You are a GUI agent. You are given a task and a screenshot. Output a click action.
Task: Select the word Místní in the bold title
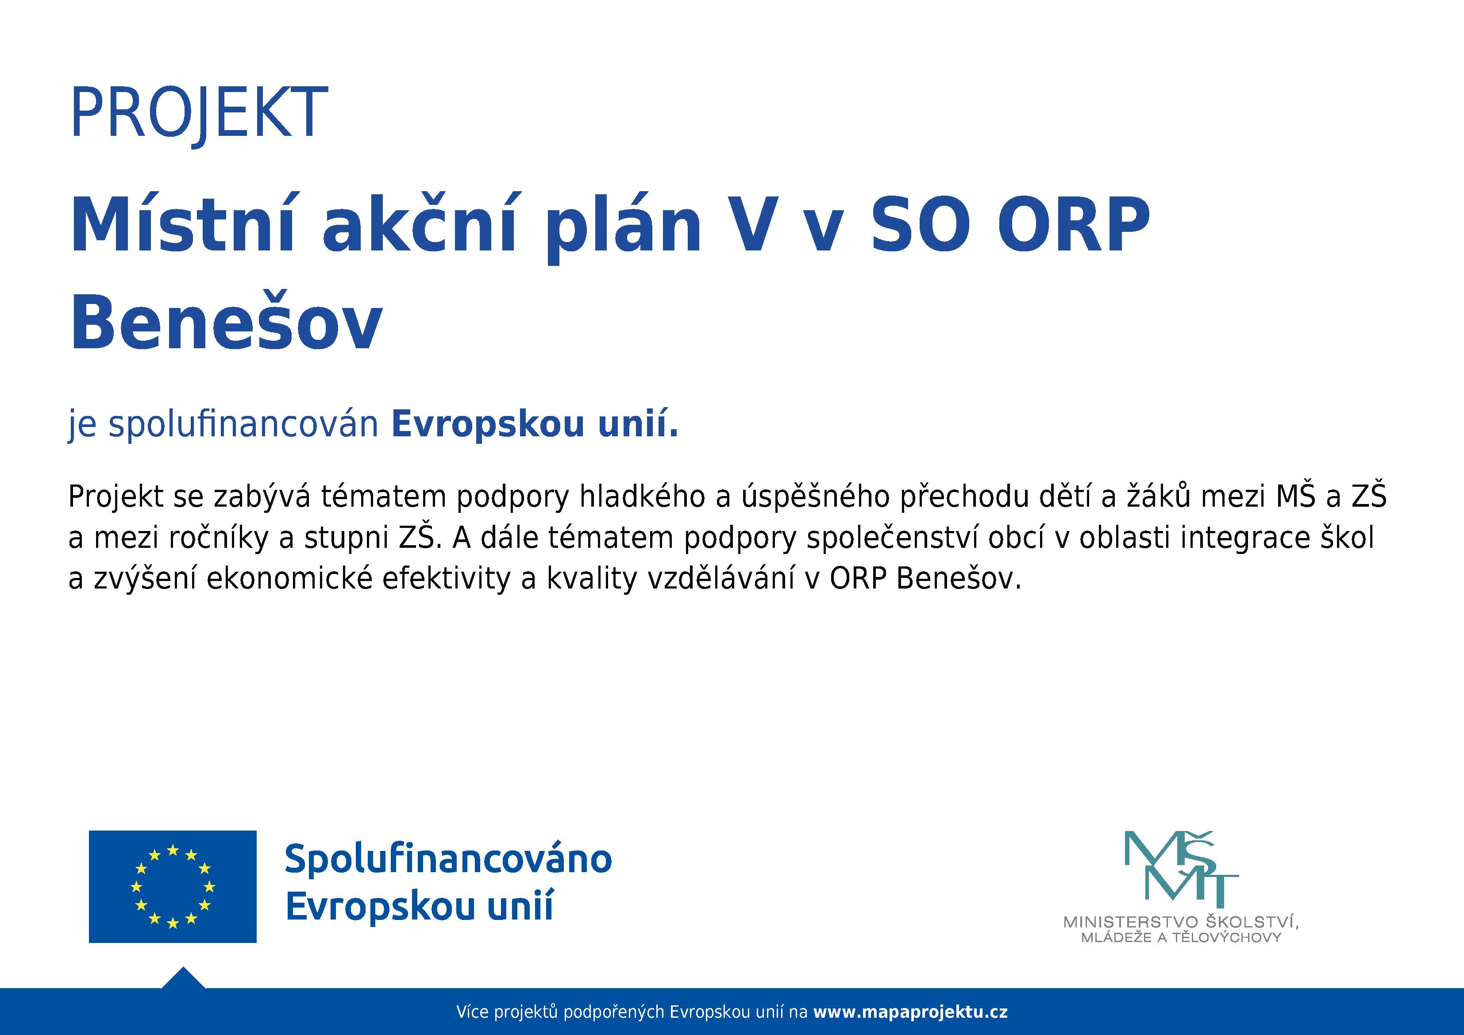point(182,224)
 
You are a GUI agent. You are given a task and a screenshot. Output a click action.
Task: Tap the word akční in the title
point(418,224)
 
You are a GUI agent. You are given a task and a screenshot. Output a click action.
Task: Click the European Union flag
point(172,886)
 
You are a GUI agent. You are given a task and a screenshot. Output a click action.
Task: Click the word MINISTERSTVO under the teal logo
point(1130,922)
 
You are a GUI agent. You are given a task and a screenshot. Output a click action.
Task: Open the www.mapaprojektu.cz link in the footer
point(910,1012)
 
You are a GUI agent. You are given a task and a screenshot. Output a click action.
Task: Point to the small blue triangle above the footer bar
point(183,979)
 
